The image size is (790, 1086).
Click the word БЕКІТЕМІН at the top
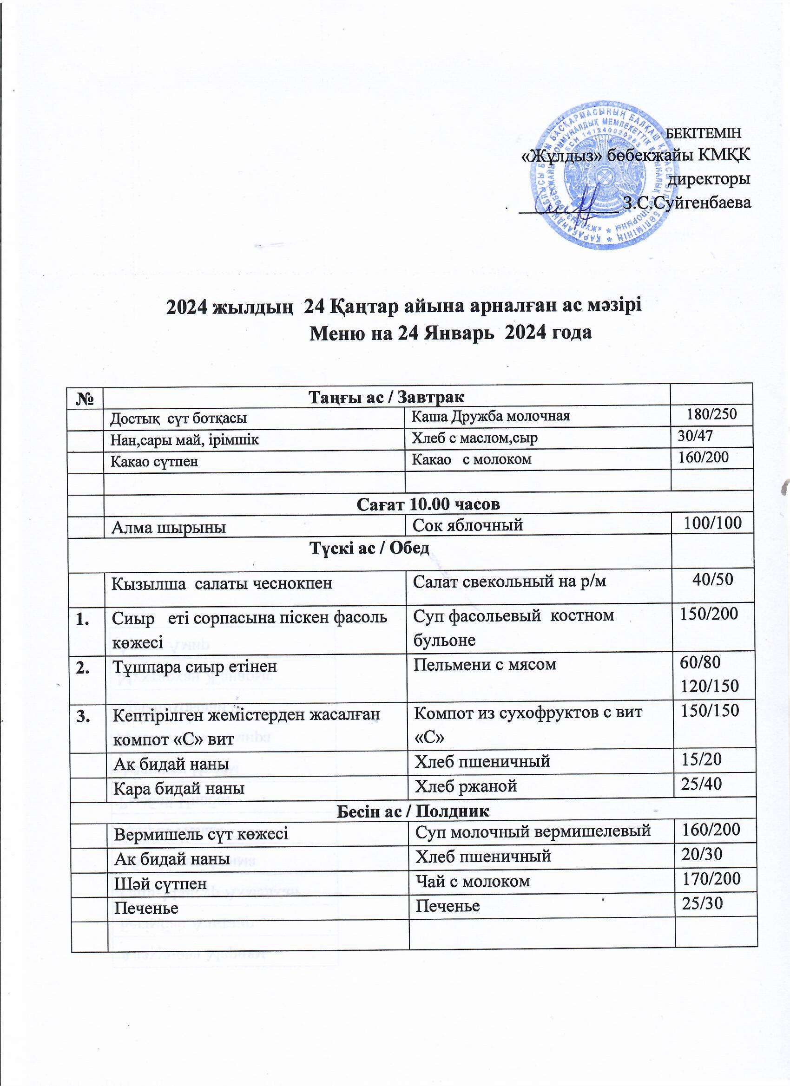(704, 133)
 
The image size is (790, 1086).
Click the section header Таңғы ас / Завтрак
(386, 397)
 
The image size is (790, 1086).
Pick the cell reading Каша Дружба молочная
(491, 416)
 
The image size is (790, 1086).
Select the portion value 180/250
(711, 414)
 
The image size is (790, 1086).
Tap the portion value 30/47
(695, 435)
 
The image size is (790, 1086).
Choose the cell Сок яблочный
(467, 525)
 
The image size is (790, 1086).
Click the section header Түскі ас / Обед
(369, 547)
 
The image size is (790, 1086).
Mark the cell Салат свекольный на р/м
(509, 581)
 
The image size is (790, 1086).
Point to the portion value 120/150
(710, 686)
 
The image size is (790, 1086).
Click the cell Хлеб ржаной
(466, 786)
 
